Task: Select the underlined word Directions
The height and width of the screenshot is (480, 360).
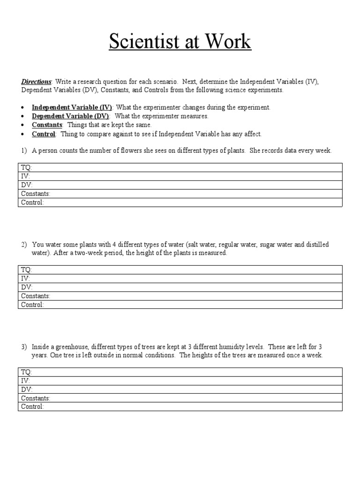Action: coord(37,82)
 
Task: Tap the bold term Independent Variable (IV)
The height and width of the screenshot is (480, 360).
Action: coord(72,107)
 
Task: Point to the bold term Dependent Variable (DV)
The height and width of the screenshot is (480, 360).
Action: coord(70,116)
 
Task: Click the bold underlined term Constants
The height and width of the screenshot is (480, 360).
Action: coord(47,125)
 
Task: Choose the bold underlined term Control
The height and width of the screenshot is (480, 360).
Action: coord(44,134)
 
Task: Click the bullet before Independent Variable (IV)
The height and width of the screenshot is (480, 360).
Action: coord(23,108)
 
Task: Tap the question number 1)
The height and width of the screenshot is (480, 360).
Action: coord(24,151)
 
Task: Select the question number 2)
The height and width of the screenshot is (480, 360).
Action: coord(24,245)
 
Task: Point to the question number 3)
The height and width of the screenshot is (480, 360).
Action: coord(24,347)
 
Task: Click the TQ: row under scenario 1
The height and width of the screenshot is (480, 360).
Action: coord(180,167)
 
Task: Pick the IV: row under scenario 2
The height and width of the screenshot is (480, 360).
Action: coord(180,278)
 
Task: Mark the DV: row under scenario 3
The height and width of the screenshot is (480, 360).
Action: coord(180,390)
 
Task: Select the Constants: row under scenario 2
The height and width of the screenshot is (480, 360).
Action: coord(180,296)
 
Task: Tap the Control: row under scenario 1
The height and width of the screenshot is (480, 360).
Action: coord(180,202)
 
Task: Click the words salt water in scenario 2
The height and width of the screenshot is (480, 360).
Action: coord(201,245)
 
